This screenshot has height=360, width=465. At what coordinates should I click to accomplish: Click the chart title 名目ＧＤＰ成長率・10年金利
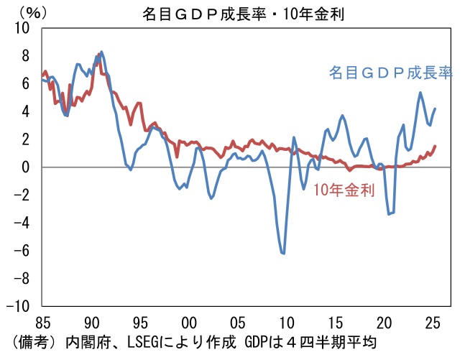(233, 13)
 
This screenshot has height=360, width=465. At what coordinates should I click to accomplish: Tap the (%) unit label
(27, 13)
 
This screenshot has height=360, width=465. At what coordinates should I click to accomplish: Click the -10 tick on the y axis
(23, 306)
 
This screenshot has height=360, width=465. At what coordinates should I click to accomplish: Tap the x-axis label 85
(42, 321)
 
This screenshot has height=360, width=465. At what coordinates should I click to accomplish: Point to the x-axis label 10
(287, 321)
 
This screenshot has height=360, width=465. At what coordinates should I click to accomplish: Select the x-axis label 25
(433, 321)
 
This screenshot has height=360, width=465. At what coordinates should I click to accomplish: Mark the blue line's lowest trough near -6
(284, 253)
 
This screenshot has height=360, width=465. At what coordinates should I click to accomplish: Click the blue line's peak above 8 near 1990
(101, 52)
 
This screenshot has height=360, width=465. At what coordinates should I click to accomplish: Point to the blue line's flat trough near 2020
(391, 213)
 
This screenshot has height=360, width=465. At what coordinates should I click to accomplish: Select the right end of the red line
(436, 146)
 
